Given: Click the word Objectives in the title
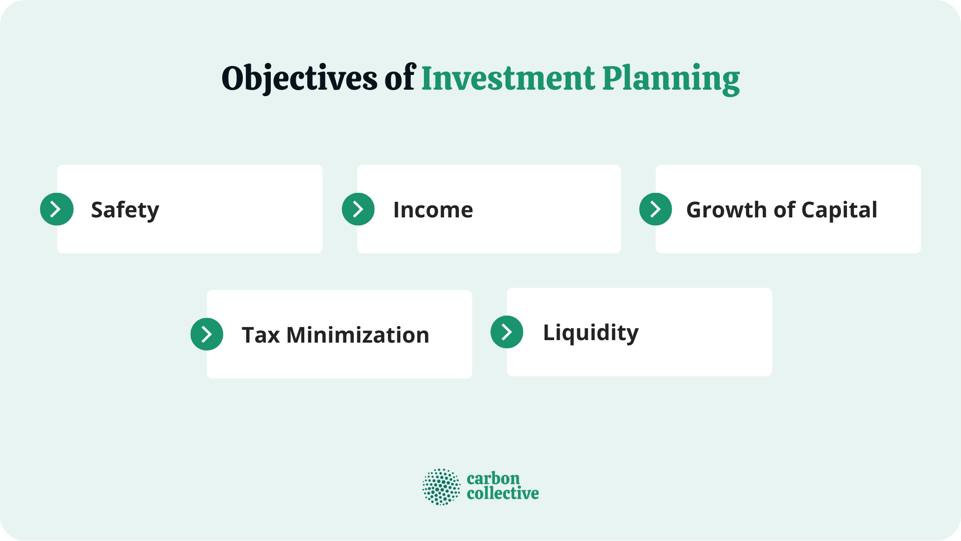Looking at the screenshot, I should [x=299, y=79].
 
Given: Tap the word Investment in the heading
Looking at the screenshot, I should [x=508, y=79].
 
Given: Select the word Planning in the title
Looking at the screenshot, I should [x=671, y=79].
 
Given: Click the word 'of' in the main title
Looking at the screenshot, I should [x=400, y=79].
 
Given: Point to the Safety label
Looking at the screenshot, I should [x=125, y=210].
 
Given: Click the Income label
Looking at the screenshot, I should [x=433, y=210].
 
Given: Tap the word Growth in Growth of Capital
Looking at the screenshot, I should [x=726, y=210].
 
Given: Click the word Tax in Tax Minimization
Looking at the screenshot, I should [x=260, y=335].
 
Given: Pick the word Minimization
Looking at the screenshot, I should [x=357, y=335].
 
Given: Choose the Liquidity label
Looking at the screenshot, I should [x=591, y=333].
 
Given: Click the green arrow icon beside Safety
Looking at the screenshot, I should [x=57, y=209].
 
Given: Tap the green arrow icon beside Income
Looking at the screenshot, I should [x=358, y=209].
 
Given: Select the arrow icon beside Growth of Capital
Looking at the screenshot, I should [x=655, y=209].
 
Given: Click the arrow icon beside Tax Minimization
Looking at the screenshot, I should [x=207, y=334].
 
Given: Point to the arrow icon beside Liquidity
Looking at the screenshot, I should [x=507, y=332].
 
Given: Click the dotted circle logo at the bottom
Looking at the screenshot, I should [x=441, y=486].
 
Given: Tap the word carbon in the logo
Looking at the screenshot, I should [x=493, y=478].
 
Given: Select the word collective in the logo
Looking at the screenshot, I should [x=503, y=493].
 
